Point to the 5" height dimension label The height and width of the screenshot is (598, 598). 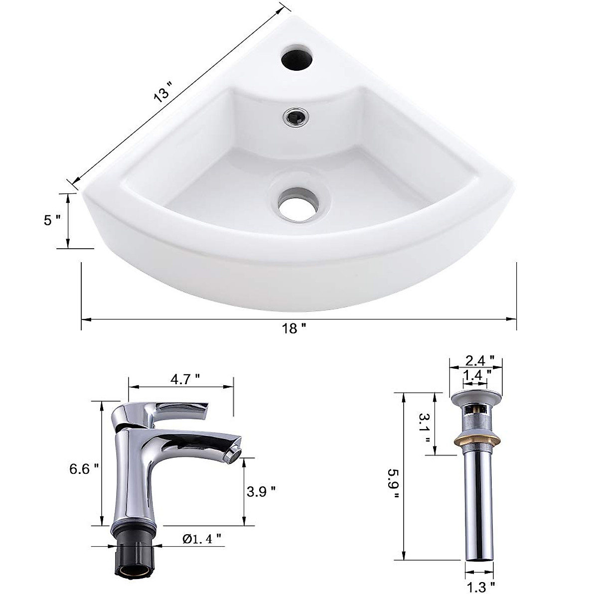(x=52, y=220)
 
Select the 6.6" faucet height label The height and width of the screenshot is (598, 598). (x=80, y=468)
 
